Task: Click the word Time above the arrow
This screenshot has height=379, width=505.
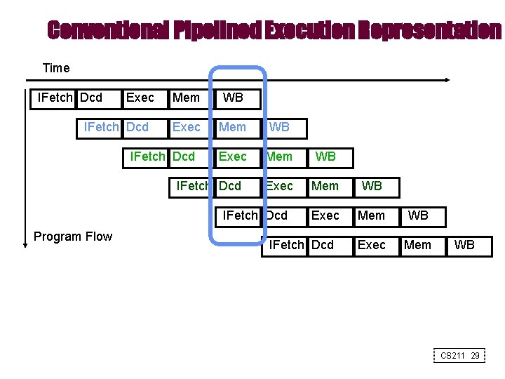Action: click(56, 68)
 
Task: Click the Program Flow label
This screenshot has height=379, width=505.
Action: click(73, 237)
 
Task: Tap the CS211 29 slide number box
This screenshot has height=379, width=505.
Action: click(460, 356)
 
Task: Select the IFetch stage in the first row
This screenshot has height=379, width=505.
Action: click(54, 98)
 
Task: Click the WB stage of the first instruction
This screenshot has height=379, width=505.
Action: click(233, 98)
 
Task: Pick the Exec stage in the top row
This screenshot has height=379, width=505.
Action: click(140, 98)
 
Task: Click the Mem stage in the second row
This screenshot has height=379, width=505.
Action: click(232, 127)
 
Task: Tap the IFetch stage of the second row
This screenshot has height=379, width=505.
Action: click(101, 127)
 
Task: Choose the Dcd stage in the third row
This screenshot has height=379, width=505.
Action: click(184, 157)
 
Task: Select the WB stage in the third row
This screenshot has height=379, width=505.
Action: click(325, 157)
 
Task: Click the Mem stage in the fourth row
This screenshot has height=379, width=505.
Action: click(325, 186)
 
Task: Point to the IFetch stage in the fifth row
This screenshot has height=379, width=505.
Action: click(240, 215)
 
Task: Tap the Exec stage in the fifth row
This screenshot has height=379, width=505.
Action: click(325, 215)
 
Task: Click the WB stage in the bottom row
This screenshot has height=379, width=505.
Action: click(464, 245)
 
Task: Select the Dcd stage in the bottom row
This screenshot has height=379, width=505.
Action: click(323, 245)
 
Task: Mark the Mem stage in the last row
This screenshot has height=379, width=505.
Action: click(418, 245)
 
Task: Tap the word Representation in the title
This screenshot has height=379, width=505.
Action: click(429, 30)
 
